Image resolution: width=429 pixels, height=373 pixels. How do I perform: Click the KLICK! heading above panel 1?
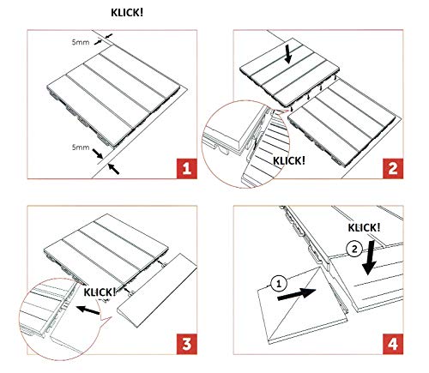127,13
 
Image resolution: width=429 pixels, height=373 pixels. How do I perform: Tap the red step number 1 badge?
187,168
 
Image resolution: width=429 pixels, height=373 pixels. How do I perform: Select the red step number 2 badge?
393,168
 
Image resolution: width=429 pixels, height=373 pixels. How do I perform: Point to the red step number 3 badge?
187,344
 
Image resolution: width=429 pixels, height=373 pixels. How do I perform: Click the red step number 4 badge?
393,344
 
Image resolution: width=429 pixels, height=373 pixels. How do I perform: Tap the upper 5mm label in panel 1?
81,42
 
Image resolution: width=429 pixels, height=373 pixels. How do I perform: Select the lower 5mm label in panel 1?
81,147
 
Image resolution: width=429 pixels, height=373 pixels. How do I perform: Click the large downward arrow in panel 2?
288,54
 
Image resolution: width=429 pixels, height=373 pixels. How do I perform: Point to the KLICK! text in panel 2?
289,160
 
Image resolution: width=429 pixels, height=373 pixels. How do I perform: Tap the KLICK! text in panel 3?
100,292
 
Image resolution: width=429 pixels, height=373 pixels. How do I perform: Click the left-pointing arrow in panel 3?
88,310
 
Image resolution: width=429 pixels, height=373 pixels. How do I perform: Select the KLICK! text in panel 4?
364,228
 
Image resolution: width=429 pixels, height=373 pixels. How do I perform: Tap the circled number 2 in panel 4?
354,250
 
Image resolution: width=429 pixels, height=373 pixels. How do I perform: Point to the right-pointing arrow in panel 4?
297,294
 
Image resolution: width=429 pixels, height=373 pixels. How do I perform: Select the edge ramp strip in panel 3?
157,292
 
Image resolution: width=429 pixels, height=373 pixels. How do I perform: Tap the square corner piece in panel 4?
302,304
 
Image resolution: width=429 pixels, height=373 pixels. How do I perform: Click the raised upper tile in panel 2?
289,73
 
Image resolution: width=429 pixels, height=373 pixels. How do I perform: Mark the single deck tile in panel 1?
113,96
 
